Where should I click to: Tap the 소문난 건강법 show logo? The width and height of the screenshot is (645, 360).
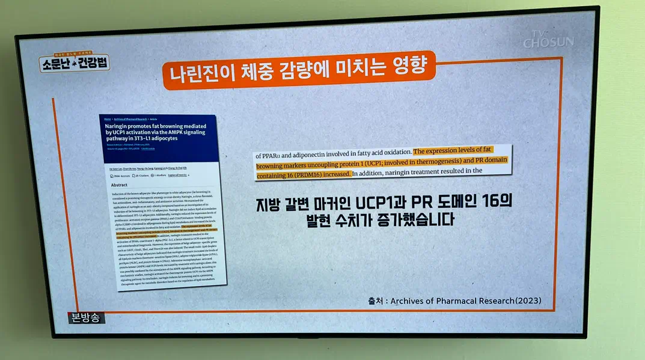tap(75, 62)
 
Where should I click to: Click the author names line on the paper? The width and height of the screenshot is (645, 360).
tap(148, 168)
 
